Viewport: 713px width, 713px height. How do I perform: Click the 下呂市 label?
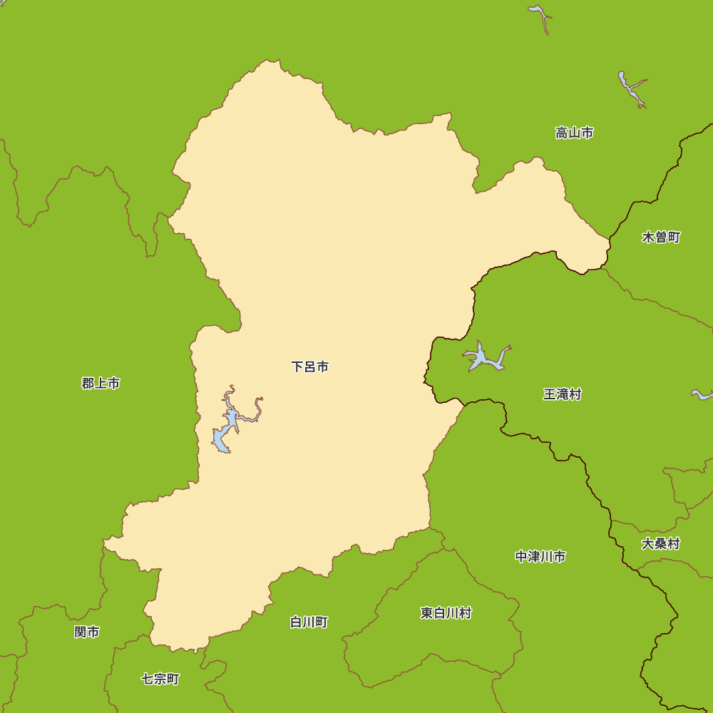310,367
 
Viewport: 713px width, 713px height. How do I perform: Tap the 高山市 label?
574,133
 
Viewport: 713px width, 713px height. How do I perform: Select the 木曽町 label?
661,237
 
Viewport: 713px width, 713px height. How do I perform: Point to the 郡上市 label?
101,384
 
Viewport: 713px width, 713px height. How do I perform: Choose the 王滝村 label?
562,394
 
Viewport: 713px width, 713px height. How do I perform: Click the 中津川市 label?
540,557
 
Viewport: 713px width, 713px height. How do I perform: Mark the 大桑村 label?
660,544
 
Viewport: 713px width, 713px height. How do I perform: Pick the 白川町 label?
309,622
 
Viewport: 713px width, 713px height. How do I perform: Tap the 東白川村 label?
446,613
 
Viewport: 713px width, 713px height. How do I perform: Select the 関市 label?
87,632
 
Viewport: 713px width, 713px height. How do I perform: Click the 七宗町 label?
160,679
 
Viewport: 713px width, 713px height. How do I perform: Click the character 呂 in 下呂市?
310,367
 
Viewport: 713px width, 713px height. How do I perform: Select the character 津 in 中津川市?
534,557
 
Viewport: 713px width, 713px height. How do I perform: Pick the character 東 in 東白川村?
426,613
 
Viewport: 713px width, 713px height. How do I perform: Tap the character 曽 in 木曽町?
661,237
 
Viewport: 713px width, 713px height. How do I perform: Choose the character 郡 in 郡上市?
88,384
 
